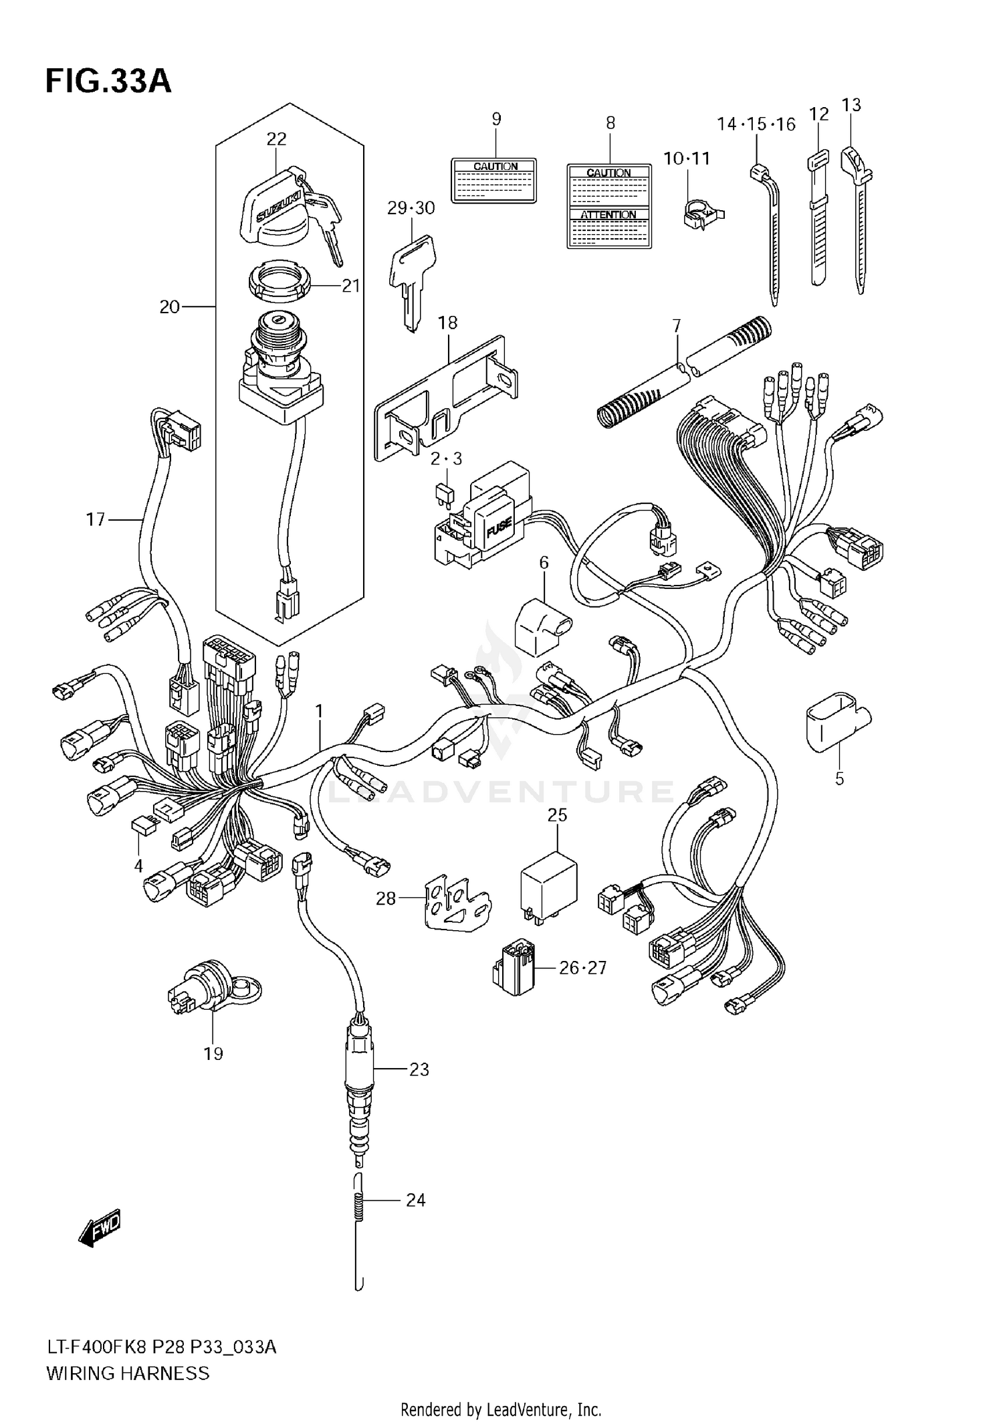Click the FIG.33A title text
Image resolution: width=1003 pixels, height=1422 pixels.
(108, 82)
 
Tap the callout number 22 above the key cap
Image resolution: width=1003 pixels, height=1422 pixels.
(276, 139)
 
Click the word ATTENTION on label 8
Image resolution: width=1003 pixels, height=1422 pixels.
(608, 215)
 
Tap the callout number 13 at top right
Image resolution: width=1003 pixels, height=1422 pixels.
(851, 105)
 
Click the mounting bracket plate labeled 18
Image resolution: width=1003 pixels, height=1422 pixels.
(445, 398)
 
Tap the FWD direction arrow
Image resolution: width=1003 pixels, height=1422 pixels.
(99, 1229)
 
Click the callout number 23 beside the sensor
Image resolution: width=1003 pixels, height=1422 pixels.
(419, 1069)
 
